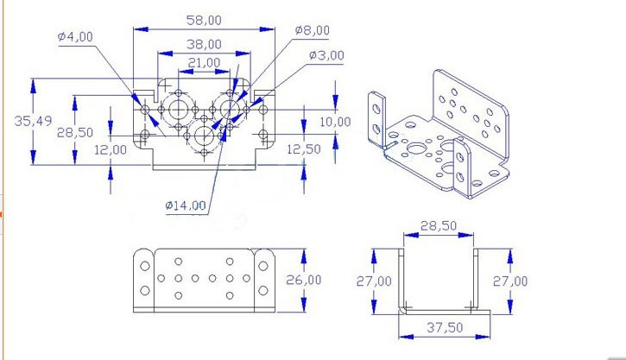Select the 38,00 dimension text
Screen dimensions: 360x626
(204, 44)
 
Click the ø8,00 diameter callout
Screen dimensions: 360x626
(312, 30)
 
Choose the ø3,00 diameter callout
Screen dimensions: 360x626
(326, 55)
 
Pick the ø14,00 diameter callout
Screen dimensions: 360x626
(186, 205)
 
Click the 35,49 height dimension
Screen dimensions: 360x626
(32, 122)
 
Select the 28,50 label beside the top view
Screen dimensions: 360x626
(75, 132)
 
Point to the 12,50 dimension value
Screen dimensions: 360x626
(303, 148)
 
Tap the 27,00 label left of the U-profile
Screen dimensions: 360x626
(374, 281)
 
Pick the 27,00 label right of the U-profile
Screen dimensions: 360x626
(510, 281)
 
